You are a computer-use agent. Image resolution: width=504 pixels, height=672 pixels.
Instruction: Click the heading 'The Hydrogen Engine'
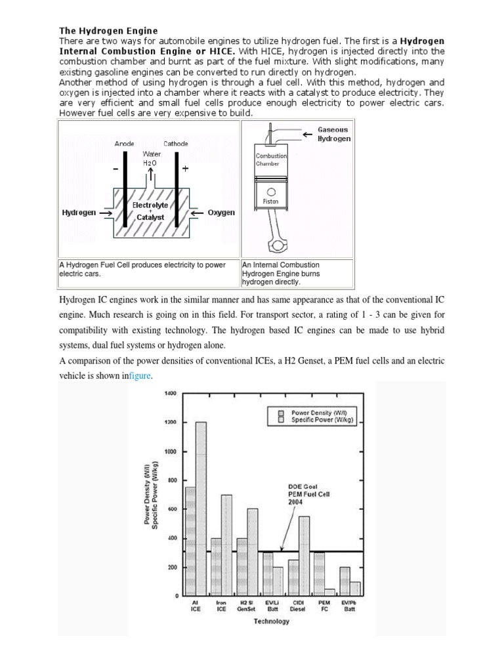pos(108,30)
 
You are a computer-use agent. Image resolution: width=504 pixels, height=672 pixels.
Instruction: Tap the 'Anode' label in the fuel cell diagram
pos(124,143)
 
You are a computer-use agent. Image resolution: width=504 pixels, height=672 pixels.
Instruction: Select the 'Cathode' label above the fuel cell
pos(175,143)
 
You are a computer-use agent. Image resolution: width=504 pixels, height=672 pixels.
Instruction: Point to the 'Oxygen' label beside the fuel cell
pos(221,213)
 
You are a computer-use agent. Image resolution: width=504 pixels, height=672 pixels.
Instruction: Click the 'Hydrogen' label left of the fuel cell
pos(79,213)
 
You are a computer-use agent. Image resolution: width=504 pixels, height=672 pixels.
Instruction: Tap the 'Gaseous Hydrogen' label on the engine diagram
pos(333,135)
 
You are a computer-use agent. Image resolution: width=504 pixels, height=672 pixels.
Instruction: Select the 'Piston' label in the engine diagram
pos(270,201)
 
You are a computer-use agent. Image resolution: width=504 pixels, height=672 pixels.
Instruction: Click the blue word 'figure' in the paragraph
pos(140,375)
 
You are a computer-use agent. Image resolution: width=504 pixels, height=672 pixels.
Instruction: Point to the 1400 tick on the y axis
pos(171,393)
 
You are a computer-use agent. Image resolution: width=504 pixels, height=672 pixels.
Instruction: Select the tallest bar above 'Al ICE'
pos(201,509)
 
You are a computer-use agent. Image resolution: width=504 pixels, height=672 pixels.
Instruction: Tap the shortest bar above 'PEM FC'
pos(329,592)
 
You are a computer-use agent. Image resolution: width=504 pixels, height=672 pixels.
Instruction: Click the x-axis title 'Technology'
pos(271,621)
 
